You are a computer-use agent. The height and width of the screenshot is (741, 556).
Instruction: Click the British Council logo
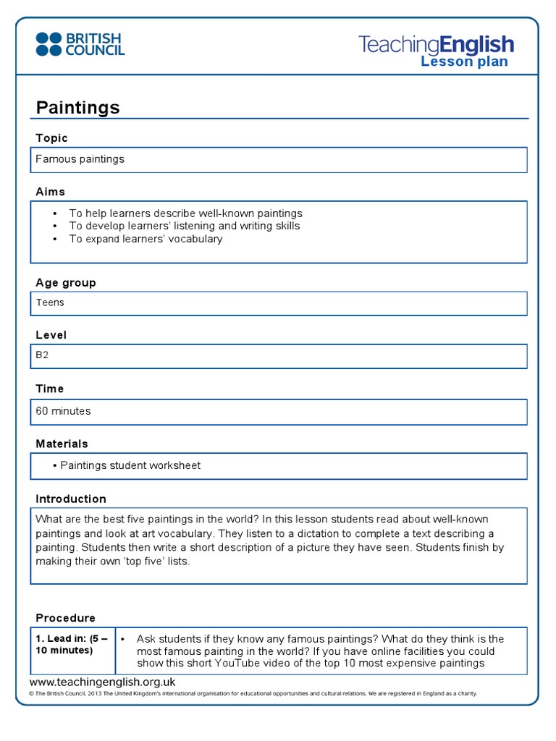coord(80,43)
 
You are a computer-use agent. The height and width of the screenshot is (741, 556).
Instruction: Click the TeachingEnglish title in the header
coord(436,45)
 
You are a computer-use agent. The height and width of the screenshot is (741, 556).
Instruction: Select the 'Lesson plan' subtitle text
coord(464,62)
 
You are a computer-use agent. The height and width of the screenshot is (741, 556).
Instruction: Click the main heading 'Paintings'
coord(78,108)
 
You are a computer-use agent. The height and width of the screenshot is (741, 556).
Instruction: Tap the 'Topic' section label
coord(52,138)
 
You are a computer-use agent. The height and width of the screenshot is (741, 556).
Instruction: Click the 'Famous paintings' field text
coord(80,159)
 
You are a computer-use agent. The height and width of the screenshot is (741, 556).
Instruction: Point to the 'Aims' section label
coord(51,192)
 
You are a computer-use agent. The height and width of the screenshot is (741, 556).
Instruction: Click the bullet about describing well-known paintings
coord(185,213)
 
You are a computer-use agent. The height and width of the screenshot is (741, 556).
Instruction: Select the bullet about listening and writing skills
coord(184,226)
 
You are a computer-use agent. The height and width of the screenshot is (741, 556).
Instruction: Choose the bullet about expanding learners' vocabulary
coord(146,239)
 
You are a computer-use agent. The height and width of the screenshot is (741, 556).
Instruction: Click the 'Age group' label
coord(66,283)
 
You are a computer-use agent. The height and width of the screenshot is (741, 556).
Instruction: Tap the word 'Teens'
coord(50,302)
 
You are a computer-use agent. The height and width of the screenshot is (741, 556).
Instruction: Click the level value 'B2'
coord(43,356)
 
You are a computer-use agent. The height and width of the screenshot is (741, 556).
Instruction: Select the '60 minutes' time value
coord(64,411)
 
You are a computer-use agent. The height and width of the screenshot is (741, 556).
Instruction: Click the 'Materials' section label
coord(62,444)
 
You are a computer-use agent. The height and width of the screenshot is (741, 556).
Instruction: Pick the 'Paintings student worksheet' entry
coord(130,465)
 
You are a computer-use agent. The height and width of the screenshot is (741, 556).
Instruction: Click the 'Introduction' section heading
coord(71,499)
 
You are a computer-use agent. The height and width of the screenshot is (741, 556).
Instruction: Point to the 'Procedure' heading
coord(66,618)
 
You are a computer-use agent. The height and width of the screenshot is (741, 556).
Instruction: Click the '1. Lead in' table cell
coord(72,644)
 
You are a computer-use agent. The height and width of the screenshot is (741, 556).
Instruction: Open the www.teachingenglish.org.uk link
coord(103,682)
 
